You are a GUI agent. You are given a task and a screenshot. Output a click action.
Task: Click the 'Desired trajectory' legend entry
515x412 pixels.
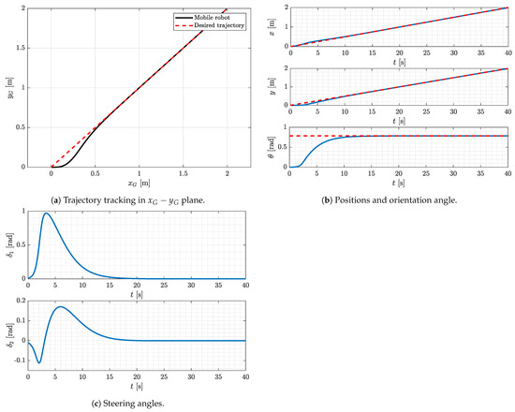point(214,25)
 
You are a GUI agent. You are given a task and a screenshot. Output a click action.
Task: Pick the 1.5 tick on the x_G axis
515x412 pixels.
point(183,174)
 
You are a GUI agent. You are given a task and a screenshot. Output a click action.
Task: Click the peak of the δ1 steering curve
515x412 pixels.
point(47,214)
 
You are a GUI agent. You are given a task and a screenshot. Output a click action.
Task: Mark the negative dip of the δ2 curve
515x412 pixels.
point(39,362)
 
